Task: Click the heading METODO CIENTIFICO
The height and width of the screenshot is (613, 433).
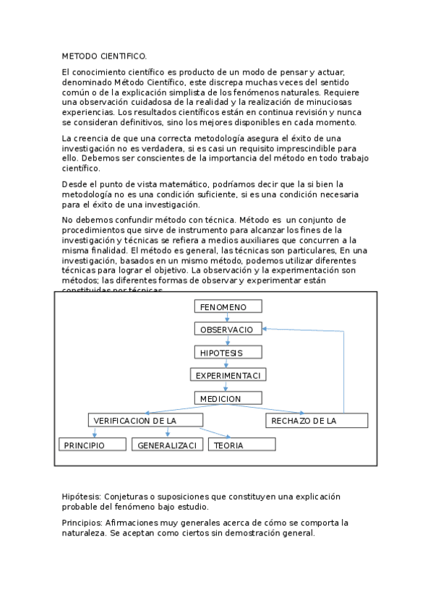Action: pyautogui.click(x=104, y=56)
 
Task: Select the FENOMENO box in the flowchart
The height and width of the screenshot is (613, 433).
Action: pyautogui.click(x=228, y=306)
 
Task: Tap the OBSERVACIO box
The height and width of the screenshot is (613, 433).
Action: pyautogui.click(x=228, y=329)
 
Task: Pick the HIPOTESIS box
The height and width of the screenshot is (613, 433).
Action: pyautogui.click(x=228, y=352)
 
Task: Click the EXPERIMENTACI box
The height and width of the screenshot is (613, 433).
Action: pyautogui.click(x=228, y=375)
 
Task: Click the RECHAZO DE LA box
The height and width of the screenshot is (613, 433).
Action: pyautogui.click(x=317, y=421)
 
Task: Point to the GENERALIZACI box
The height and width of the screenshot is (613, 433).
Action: pyautogui.click(x=168, y=445)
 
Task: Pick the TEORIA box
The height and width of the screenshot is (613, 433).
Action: pyautogui.click(x=242, y=445)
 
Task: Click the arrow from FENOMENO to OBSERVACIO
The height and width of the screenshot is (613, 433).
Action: pyautogui.click(x=227, y=317)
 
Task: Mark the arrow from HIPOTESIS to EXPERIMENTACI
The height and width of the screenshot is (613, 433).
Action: pyautogui.click(x=227, y=364)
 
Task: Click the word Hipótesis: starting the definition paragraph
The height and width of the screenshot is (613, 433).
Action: pyautogui.click(x=82, y=497)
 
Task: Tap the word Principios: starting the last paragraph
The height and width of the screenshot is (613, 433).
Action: pyautogui.click(x=82, y=522)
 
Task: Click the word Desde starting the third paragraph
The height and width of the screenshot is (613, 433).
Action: pyautogui.click(x=74, y=184)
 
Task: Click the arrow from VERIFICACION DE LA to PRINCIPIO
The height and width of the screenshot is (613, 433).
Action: pyautogui.click(x=94, y=432)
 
